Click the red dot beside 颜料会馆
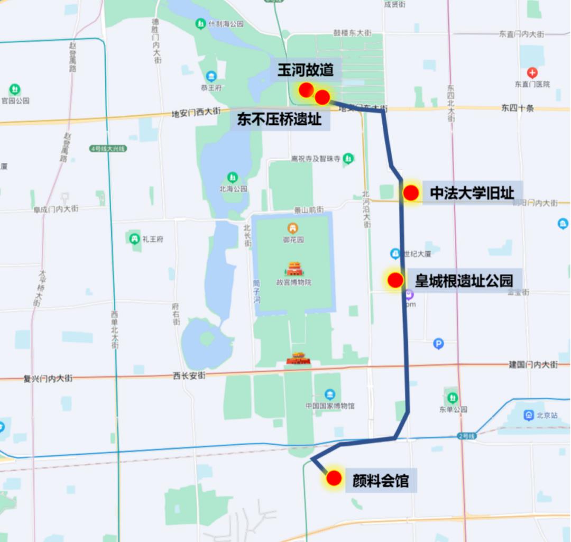click(x=334, y=478)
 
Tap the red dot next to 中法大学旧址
click(x=411, y=193)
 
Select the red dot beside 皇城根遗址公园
click(x=395, y=280)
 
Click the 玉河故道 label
click(x=306, y=70)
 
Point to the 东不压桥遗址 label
click(x=279, y=120)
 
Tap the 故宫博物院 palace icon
click(x=294, y=269)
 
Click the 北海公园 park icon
click(x=232, y=177)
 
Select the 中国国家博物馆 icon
click(x=330, y=394)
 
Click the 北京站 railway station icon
click(x=527, y=415)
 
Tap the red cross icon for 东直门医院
click(x=532, y=73)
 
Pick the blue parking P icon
click(x=438, y=344)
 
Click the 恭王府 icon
click(x=211, y=76)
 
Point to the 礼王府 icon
click(x=135, y=238)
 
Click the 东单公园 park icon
click(x=452, y=397)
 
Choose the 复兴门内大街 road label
click(x=48, y=379)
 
